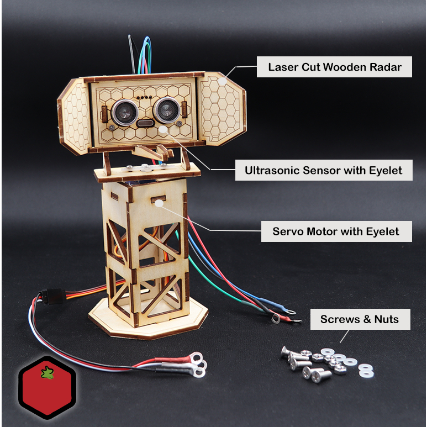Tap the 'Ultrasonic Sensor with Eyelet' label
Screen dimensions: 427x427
323,170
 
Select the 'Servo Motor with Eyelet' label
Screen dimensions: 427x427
336,231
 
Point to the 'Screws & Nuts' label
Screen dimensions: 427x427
360,319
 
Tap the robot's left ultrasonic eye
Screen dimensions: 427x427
125,111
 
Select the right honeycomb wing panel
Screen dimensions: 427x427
222,110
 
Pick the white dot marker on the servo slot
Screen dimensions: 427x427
159,203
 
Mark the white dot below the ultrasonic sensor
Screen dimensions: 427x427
164,129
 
